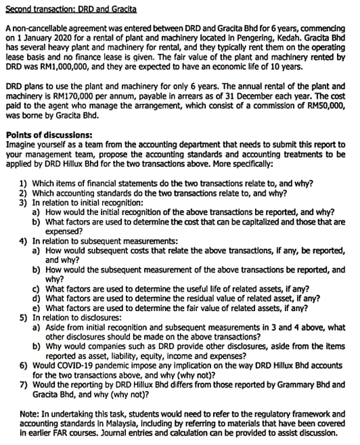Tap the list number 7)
[x=24, y=385]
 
